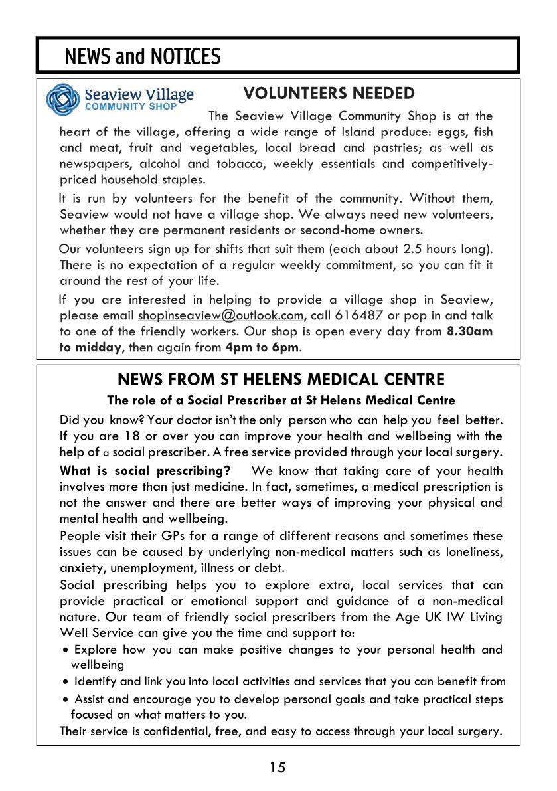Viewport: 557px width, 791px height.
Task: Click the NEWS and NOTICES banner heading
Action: [142, 57]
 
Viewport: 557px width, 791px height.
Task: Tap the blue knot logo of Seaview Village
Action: [62, 100]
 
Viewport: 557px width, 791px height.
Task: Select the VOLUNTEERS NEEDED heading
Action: [329, 94]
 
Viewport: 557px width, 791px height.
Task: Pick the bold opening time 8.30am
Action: [470, 331]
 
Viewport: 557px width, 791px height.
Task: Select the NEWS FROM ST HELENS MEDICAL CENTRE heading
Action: [281, 380]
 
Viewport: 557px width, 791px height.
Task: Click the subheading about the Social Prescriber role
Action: [281, 400]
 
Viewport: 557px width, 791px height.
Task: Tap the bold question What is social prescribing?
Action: [145, 471]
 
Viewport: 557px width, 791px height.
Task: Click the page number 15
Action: [278, 768]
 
